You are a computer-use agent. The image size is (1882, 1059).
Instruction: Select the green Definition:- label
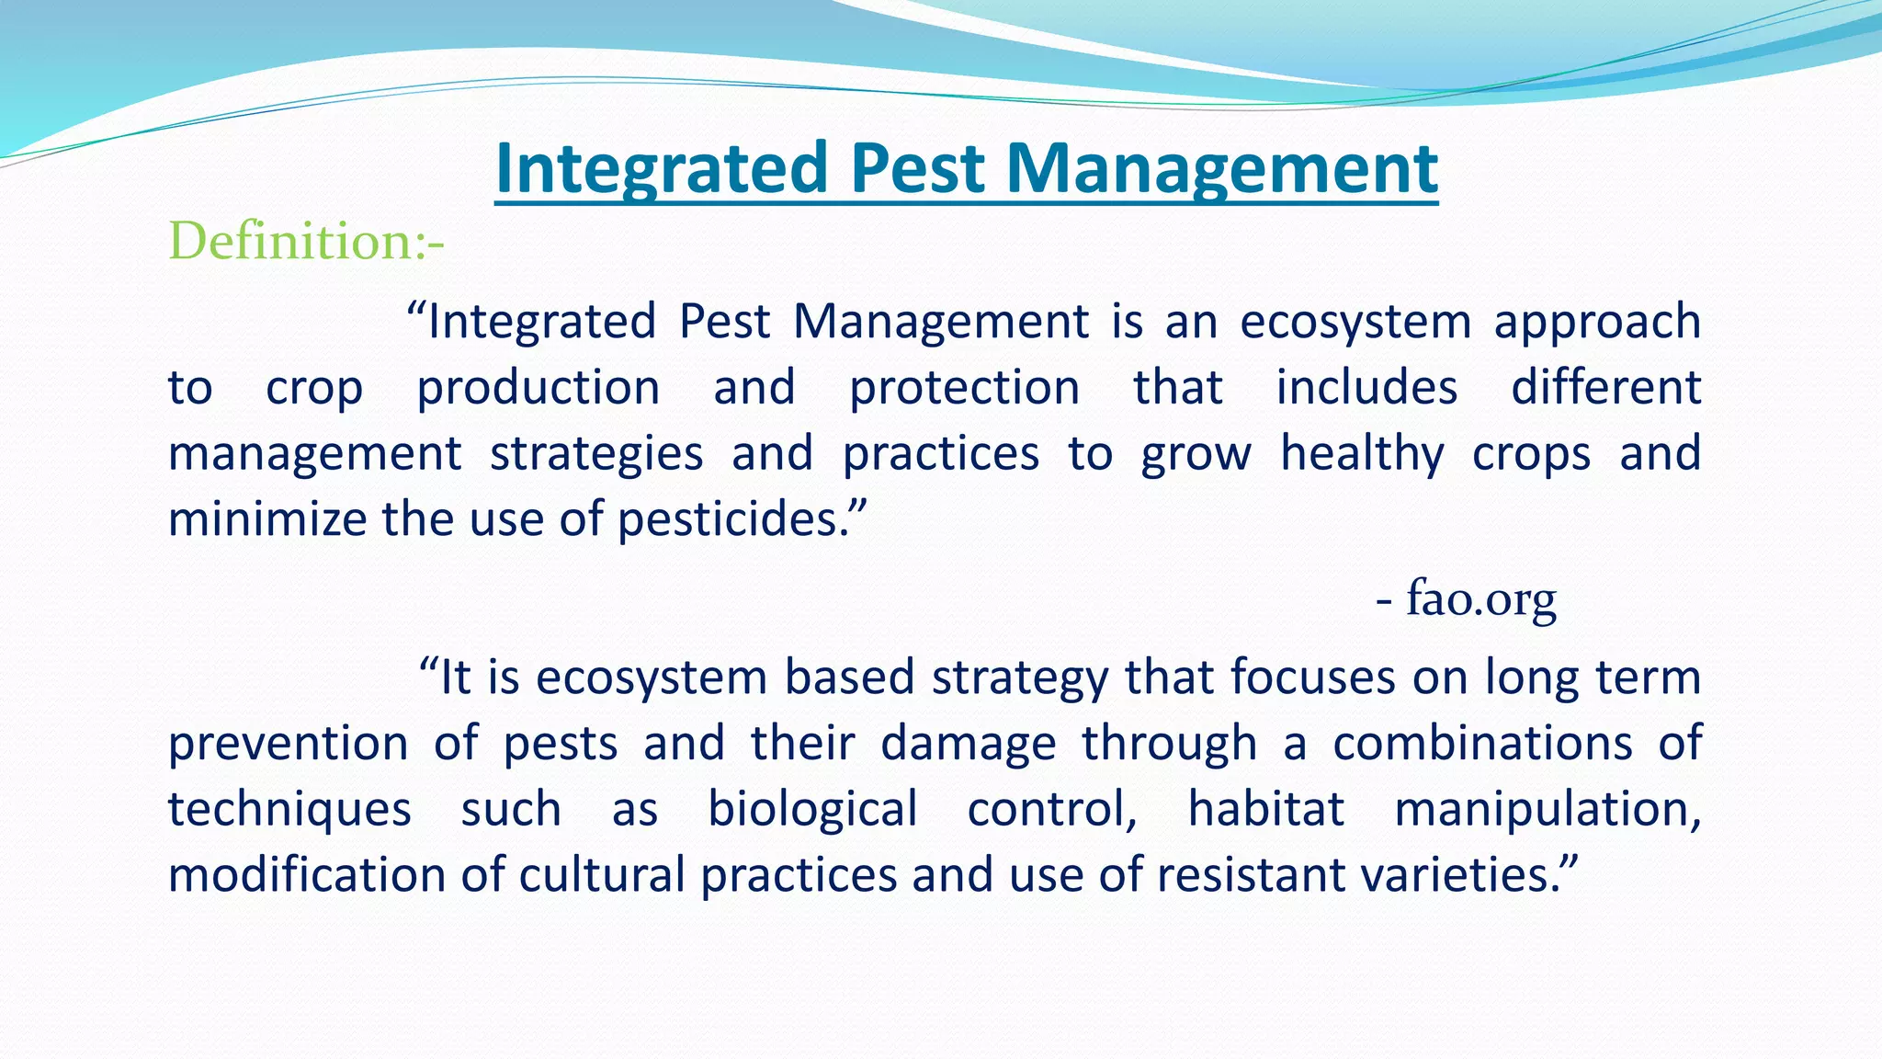(306, 242)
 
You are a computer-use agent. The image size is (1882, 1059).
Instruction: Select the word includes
(1366, 387)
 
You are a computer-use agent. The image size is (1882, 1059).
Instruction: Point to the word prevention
(288, 744)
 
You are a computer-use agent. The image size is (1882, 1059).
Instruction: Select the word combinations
(1482, 744)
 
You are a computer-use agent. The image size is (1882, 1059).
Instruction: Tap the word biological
(812, 810)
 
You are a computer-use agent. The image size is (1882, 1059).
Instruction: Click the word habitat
(1265, 809)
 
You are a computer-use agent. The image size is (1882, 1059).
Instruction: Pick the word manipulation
(1547, 810)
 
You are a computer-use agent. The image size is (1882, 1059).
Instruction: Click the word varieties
(1460, 874)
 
